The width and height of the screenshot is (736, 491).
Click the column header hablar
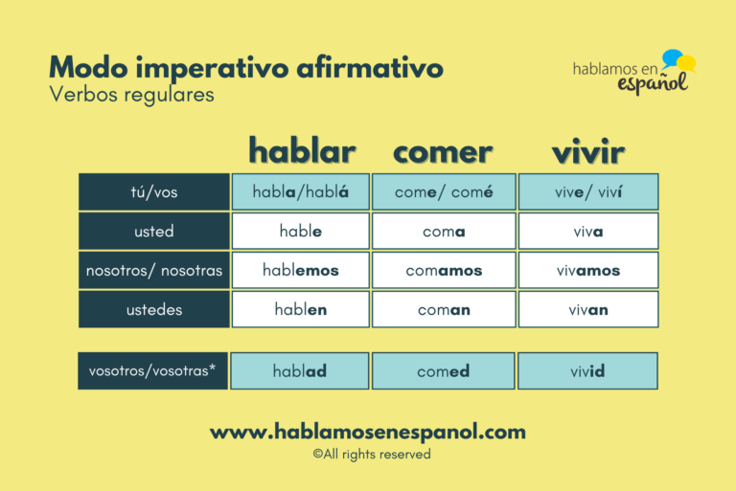pyautogui.click(x=302, y=150)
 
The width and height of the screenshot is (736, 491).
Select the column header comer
pyautogui.click(x=443, y=150)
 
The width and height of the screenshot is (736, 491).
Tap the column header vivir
pyautogui.click(x=587, y=150)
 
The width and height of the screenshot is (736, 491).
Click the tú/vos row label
pyautogui.click(x=154, y=192)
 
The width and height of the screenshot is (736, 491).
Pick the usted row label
pyautogui.click(x=154, y=232)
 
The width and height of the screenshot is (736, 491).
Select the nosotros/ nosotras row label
pyautogui.click(x=154, y=271)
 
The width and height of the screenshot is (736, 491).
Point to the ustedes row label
pyautogui.click(x=154, y=310)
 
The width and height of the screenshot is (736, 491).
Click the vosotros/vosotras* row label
pyautogui.click(x=154, y=371)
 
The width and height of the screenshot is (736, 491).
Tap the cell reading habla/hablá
pyautogui.click(x=300, y=192)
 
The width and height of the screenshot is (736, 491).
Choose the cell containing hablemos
pyautogui.click(x=300, y=271)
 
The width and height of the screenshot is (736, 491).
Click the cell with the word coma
pyautogui.click(x=444, y=232)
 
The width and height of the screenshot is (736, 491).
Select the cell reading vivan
pyautogui.click(x=588, y=310)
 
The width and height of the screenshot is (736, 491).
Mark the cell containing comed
pyautogui.click(x=444, y=371)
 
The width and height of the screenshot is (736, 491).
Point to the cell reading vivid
pyautogui.click(x=588, y=371)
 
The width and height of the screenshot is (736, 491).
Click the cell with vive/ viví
pyautogui.click(x=588, y=192)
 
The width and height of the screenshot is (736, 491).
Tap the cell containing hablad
pyautogui.click(x=300, y=371)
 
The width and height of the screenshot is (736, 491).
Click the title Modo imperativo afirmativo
pyautogui.click(x=245, y=68)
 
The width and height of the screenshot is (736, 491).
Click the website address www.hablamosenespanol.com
pyautogui.click(x=368, y=432)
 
